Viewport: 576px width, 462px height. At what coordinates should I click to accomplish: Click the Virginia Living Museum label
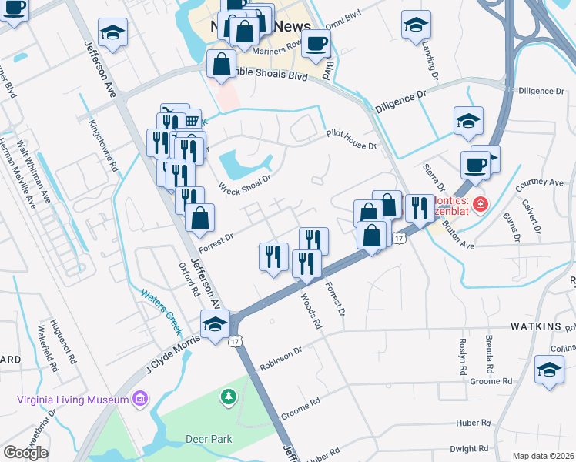tap(73, 400)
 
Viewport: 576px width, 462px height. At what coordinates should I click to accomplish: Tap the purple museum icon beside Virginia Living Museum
tap(140, 398)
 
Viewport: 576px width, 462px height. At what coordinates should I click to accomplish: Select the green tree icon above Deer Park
tap(228, 397)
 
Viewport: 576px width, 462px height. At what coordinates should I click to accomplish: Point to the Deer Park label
tap(209, 439)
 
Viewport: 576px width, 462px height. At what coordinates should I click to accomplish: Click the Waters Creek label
tap(161, 310)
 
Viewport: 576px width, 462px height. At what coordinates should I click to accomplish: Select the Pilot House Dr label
tap(350, 139)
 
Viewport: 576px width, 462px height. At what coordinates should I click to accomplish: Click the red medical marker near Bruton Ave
tap(481, 204)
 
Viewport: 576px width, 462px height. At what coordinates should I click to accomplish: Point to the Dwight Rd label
tap(469, 448)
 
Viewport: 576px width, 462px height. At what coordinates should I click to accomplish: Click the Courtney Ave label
tap(540, 183)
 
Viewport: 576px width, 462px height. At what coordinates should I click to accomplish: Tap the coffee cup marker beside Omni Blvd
tap(315, 43)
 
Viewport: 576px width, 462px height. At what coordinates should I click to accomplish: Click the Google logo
tap(25, 453)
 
